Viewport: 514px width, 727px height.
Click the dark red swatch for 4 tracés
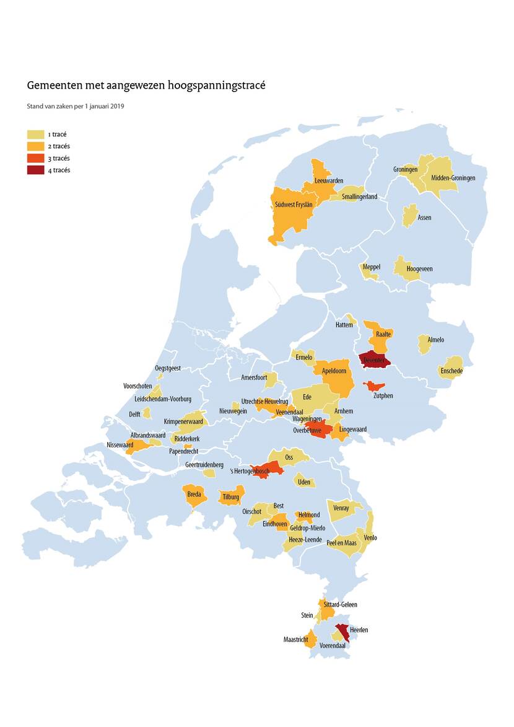point(35,170)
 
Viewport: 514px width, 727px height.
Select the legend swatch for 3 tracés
point(35,158)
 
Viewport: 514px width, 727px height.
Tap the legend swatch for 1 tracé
point(35,134)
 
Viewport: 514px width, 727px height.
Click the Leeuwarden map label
point(329,180)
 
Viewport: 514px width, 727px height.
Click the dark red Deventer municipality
point(375,359)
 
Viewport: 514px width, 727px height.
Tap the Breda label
point(194,495)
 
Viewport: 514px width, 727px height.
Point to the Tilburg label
point(230,496)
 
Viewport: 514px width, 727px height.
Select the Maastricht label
point(296,640)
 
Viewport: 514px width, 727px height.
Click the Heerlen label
point(359,630)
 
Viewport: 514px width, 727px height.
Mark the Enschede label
point(451,371)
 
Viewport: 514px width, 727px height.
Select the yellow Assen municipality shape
point(409,215)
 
